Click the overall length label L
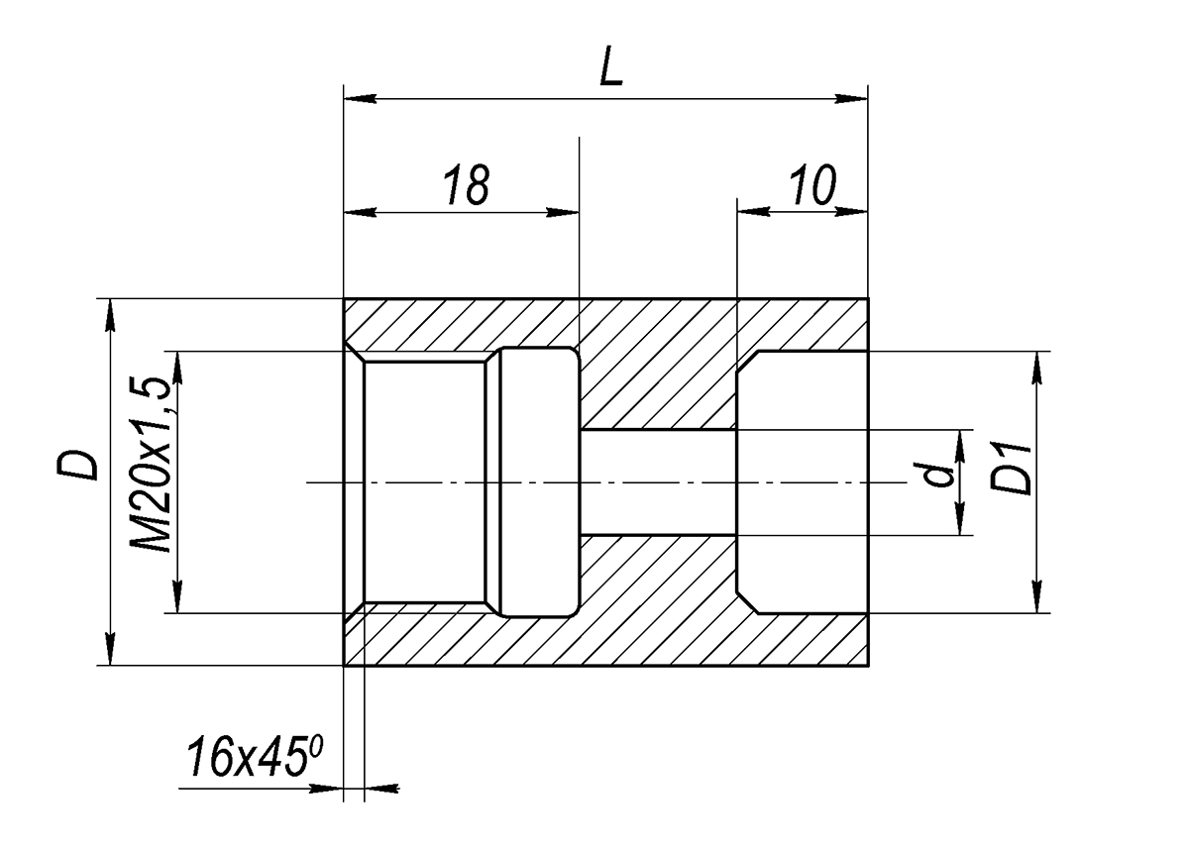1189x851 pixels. tap(610, 65)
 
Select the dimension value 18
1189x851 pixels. tap(468, 184)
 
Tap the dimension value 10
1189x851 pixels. tap(812, 184)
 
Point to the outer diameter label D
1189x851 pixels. tap(77, 465)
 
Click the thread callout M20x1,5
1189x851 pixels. tap(151, 465)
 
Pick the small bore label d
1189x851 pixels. tap(936, 475)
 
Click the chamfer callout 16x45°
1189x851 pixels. tap(254, 756)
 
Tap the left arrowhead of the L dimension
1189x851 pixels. tap(360, 99)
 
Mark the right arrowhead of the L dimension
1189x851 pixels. tap(851, 99)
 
